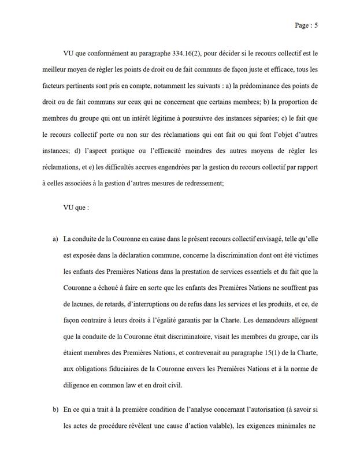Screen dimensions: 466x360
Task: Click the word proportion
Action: tap(296, 102)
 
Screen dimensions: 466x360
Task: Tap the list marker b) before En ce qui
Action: tap(55, 411)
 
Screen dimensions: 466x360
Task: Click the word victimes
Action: tap(299, 254)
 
